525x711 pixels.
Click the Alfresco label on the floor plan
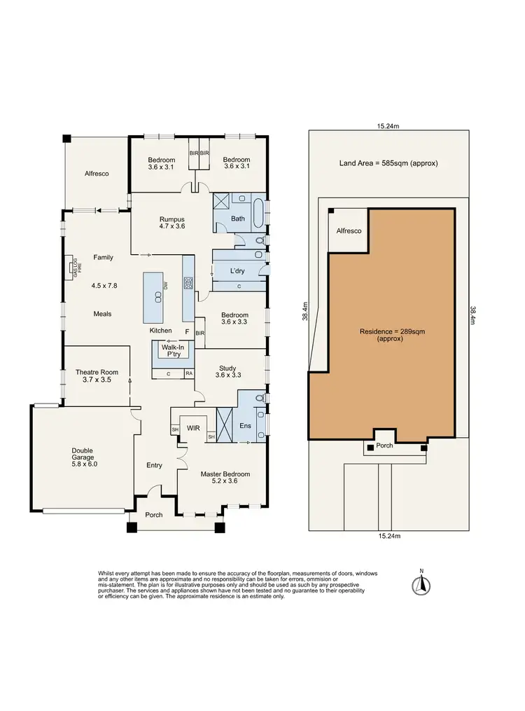coord(97,173)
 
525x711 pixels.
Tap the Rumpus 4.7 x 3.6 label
coord(171,223)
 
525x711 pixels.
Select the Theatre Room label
coord(97,375)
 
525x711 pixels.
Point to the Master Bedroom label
coord(225,478)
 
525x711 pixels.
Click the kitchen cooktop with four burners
coord(188,283)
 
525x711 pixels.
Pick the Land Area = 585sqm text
coord(388,163)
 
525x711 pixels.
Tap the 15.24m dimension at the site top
coord(388,127)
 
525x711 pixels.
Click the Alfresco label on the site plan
coord(349,230)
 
